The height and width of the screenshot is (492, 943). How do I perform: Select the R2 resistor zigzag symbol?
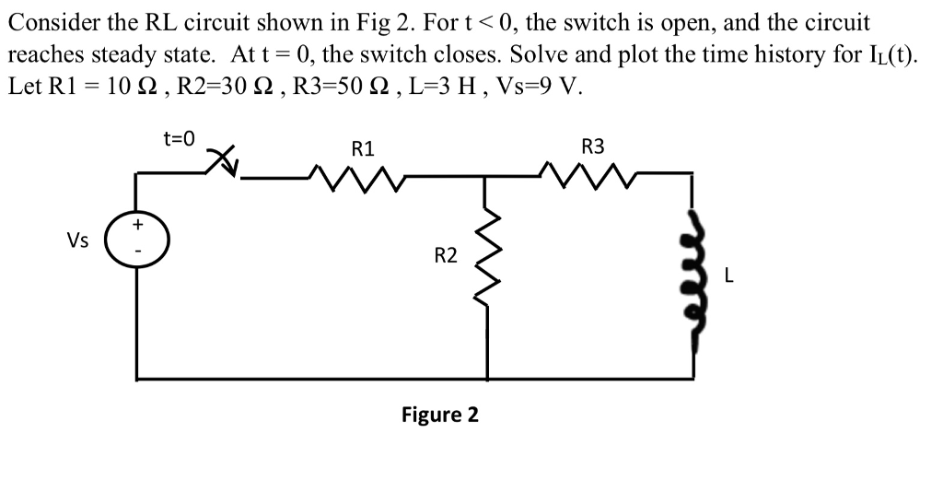coord(488,260)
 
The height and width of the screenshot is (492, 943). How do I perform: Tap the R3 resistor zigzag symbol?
coord(592,173)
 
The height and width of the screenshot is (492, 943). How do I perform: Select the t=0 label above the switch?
coord(179,139)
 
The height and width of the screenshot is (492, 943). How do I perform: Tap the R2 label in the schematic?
coord(445,255)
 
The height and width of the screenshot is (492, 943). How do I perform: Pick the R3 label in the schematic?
coord(594,146)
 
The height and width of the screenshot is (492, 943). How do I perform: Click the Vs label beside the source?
coord(77,240)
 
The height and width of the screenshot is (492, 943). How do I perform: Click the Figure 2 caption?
coord(439,414)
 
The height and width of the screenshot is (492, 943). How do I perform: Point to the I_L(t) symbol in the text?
coord(886,54)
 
